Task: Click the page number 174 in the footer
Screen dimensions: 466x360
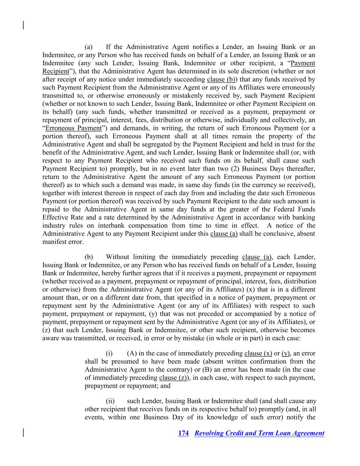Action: coord(183,433)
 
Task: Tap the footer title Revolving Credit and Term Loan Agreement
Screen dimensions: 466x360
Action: coord(259,433)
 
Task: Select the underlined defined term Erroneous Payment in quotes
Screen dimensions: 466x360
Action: coord(73,128)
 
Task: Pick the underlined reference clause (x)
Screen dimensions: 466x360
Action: coord(258,353)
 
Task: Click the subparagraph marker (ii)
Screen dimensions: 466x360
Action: coord(110,401)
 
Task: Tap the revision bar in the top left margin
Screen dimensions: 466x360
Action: coord(23,25)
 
